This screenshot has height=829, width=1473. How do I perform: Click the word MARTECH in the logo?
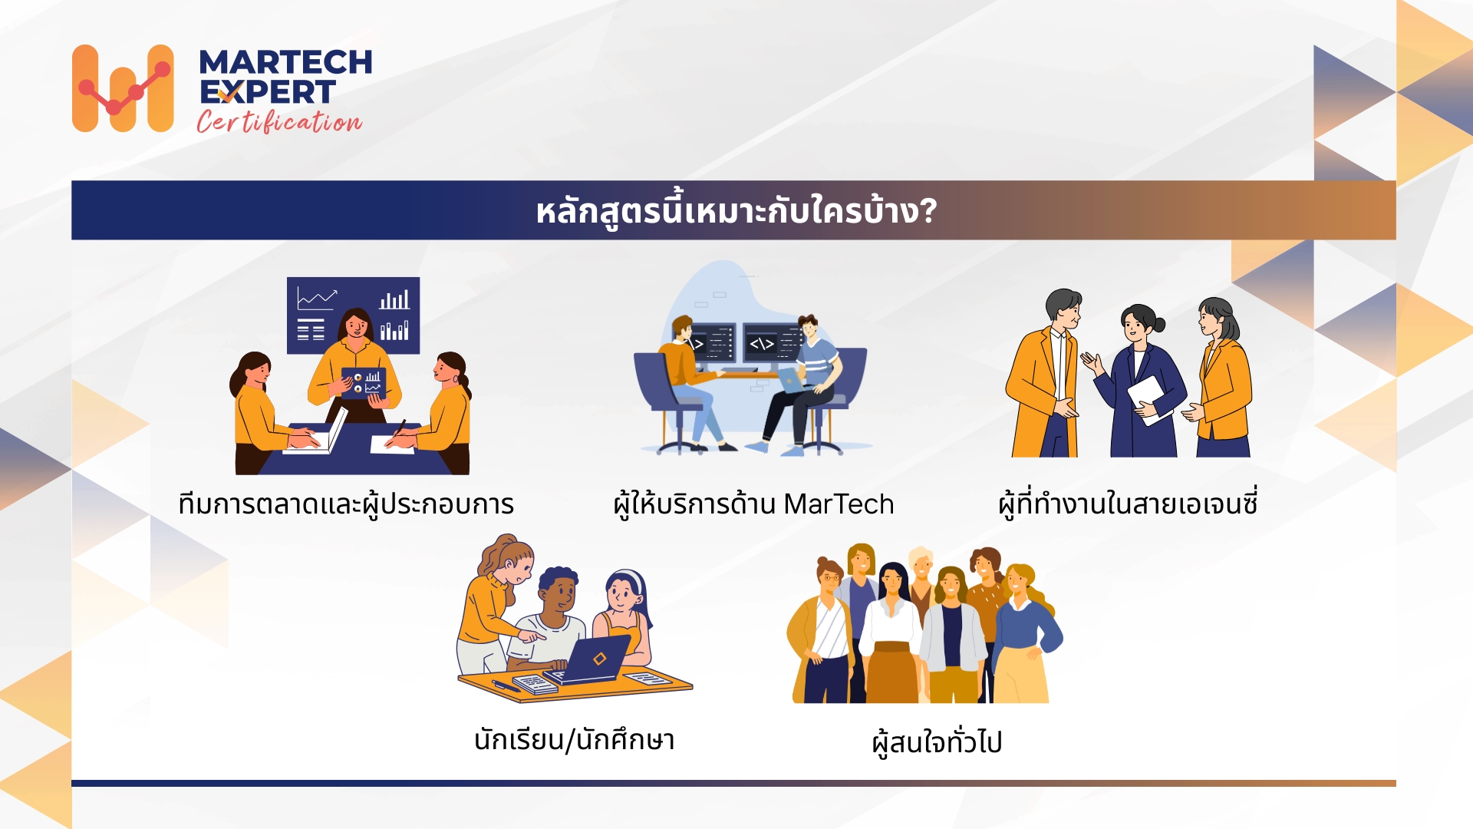[x=285, y=62]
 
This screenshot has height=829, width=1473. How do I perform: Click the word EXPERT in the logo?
[x=267, y=92]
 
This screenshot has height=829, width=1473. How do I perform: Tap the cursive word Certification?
[x=279, y=122]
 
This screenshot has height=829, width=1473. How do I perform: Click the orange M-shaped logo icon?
[x=123, y=88]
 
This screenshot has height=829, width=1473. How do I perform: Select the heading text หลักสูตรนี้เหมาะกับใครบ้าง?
[x=736, y=211]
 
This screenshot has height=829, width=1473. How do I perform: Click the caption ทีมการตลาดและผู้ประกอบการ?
[x=346, y=504]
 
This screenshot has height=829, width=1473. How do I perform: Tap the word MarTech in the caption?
[x=839, y=504]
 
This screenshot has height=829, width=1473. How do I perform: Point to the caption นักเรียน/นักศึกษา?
[x=574, y=740]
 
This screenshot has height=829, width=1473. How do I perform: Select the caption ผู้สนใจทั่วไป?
[x=937, y=742]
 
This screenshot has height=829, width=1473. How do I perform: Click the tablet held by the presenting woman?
[x=364, y=382]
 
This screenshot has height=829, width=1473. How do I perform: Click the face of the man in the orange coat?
[x=1069, y=310]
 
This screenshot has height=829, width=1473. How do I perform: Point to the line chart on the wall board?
[x=317, y=297]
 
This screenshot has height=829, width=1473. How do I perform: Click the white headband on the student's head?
[x=628, y=576]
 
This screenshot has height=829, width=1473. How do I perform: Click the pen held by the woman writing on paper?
[x=399, y=428]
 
